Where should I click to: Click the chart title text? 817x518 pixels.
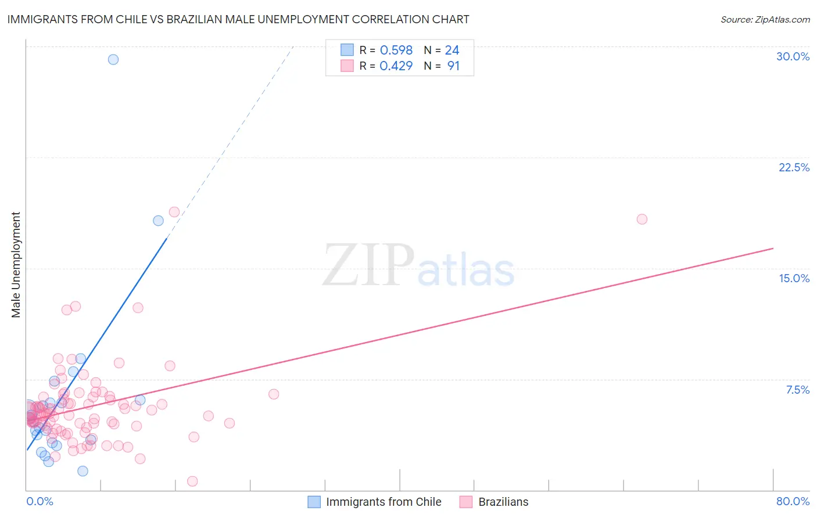238,19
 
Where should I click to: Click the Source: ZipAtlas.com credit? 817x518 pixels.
765,19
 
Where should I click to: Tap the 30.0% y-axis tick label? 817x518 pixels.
793,56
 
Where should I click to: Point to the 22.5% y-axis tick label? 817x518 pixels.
794,167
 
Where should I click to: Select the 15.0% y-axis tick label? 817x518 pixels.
794,278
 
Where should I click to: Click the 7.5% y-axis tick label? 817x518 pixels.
797,390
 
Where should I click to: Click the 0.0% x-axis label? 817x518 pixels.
40,501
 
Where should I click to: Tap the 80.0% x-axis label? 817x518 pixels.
793,501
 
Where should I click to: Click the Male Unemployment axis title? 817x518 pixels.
16,265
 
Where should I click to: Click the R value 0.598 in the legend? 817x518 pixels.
396,51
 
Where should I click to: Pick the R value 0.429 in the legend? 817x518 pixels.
396,66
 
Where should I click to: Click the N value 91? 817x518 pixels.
453,66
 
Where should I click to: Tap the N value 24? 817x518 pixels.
452,51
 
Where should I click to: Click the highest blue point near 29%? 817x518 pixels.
113,59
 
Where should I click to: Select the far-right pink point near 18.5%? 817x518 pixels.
642,219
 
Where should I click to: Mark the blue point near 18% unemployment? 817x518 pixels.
158,221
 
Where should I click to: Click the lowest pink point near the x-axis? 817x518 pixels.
192,481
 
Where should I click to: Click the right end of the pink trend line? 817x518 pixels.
773,249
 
